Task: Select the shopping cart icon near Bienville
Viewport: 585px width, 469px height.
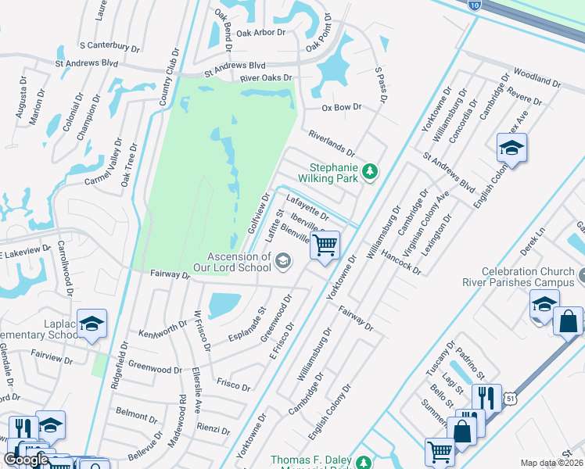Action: [x=325, y=245]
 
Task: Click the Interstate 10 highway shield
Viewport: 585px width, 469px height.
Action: [x=476, y=5]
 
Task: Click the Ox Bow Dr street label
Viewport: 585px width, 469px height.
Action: [x=343, y=107]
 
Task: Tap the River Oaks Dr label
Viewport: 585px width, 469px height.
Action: [x=266, y=78]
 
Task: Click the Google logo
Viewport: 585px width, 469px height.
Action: [x=25, y=460]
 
